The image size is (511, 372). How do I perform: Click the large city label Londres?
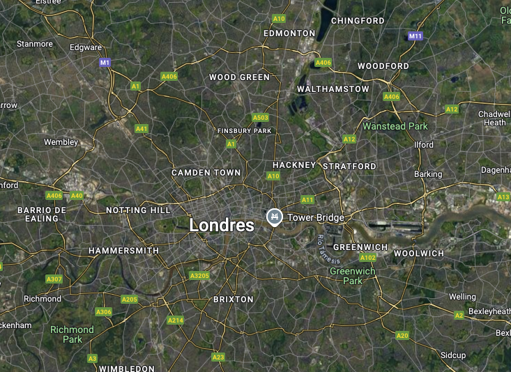(222, 225)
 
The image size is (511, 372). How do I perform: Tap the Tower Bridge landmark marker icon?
(275, 217)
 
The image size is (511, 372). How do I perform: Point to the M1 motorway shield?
(105, 63)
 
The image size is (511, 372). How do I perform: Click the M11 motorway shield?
(416, 36)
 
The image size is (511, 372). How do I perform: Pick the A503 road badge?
(260, 118)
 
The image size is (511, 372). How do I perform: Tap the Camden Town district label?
(206, 172)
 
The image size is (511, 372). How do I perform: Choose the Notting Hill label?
(138, 210)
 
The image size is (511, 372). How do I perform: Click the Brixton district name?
(233, 299)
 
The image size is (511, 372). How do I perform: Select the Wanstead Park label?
(395, 126)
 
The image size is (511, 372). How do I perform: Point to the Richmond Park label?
(72, 334)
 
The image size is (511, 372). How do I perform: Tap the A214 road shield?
(175, 320)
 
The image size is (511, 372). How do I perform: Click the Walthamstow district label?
(333, 89)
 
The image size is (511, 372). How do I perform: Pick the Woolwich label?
(418, 254)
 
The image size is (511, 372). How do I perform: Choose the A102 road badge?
(368, 258)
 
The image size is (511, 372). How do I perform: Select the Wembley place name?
(61, 142)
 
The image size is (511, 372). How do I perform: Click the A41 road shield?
(142, 128)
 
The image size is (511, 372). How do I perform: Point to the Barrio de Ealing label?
(42, 214)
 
